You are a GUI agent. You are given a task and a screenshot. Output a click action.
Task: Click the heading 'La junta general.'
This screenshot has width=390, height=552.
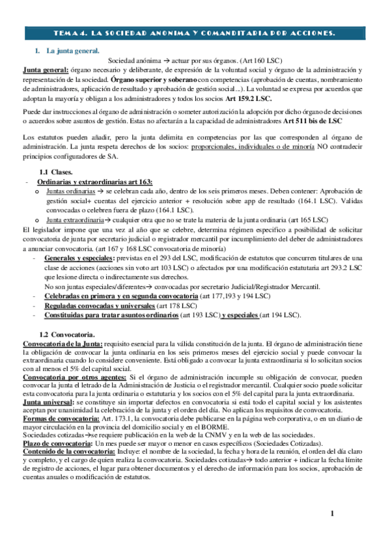point(72,50)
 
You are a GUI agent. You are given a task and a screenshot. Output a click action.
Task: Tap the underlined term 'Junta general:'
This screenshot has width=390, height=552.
point(45,69)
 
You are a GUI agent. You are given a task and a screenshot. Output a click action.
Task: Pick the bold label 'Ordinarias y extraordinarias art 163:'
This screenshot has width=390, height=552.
point(95,182)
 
